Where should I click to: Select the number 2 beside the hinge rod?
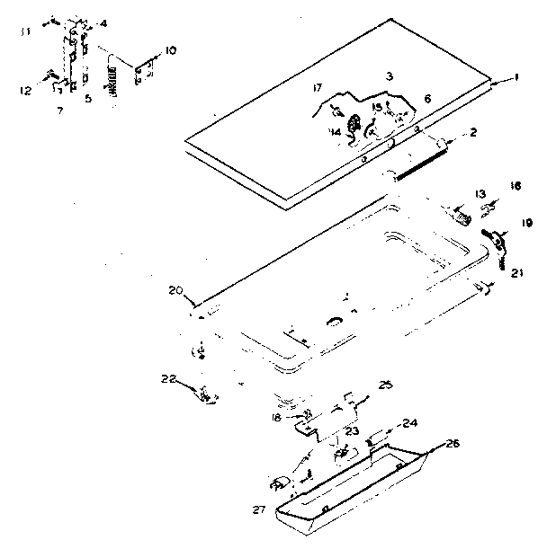click(x=473, y=133)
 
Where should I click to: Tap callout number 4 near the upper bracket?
click(x=103, y=22)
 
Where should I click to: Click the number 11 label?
click(x=25, y=31)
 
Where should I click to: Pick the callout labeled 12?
click(x=25, y=90)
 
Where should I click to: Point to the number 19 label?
click(x=527, y=223)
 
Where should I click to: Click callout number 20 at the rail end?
click(x=175, y=290)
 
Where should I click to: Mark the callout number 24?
click(x=410, y=421)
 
